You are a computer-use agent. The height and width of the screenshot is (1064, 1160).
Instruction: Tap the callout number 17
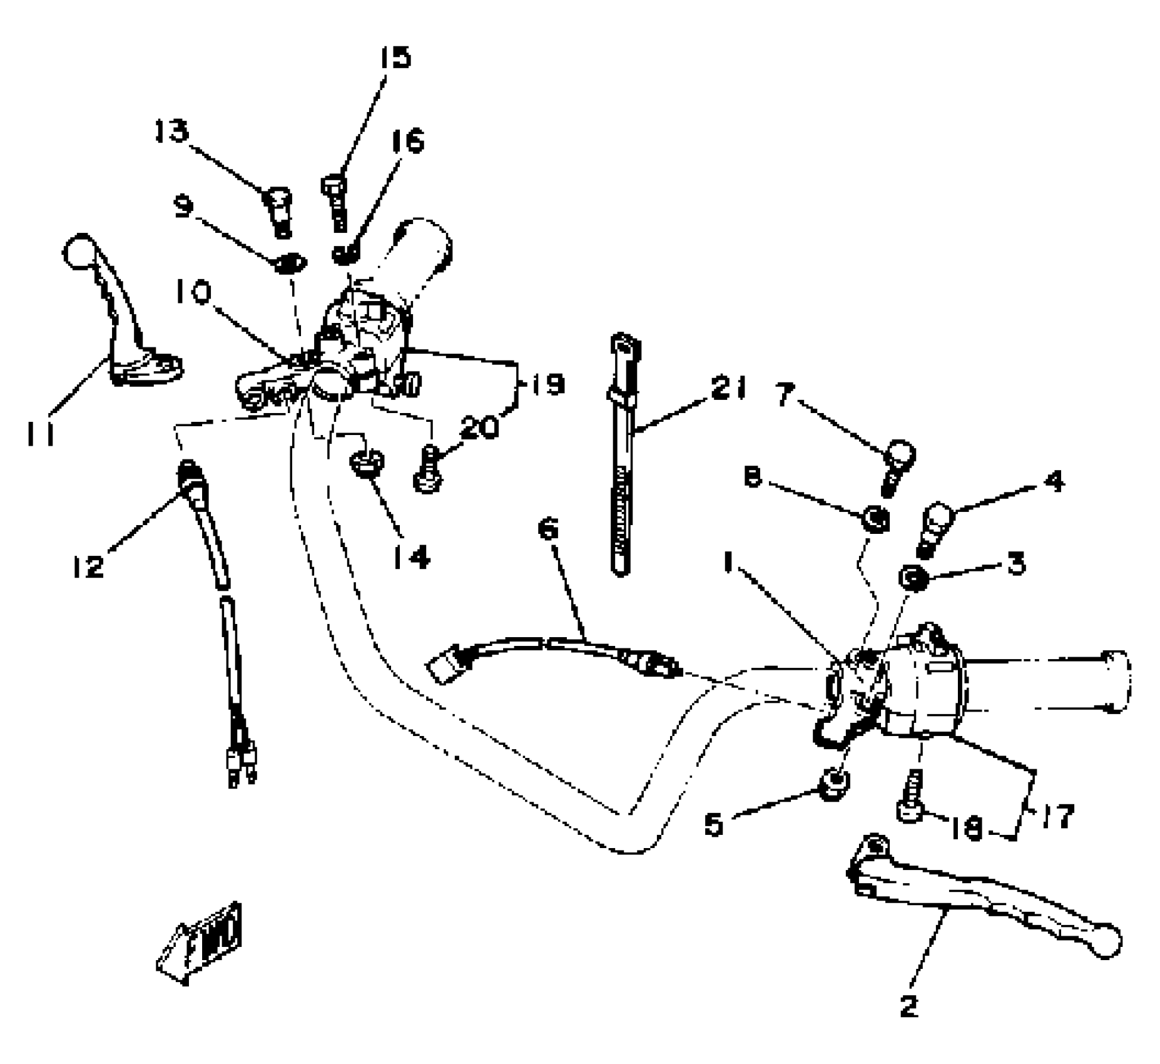[x=1057, y=816]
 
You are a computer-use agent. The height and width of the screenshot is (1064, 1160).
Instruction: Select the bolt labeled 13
[x=278, y=212]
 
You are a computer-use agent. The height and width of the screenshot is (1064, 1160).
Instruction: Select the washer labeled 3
[x=913, y=577]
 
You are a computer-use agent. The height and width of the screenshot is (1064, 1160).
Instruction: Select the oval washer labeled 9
[x=288, y=263]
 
